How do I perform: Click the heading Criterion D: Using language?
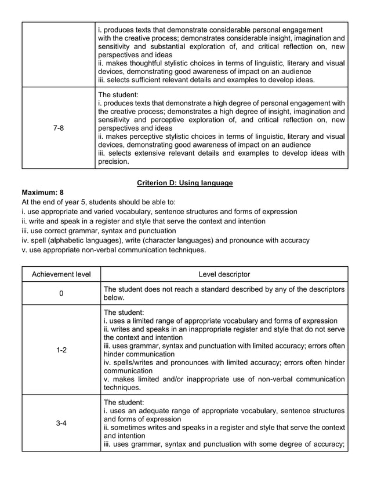(x=184, y=183)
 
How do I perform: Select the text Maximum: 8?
(x=42, y=192)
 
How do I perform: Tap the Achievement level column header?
(x=61, y=274)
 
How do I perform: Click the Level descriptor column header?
(x=224, y=274)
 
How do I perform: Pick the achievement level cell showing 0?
(x=61, y=293)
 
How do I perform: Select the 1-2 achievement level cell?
(x=61, y=350)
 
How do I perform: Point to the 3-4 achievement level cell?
(x=61, y=423)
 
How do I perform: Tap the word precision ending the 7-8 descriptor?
(x=113, y=162)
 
